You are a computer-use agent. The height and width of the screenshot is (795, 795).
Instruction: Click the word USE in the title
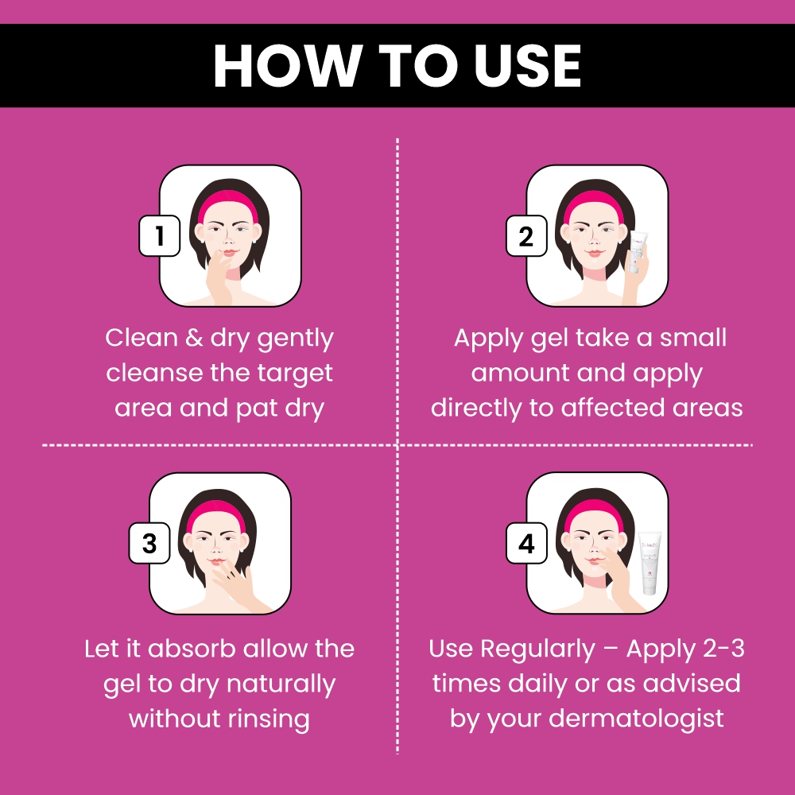pos(527,65)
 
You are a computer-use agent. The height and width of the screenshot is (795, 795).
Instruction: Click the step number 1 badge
pos(160,236)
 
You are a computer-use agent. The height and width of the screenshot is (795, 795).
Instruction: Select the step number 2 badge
pos(526,236)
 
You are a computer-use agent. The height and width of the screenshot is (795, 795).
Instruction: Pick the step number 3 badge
pos(149,543)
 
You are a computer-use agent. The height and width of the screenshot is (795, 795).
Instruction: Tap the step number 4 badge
pos(526,543)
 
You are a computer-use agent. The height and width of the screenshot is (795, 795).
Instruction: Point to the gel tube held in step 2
pos(638,251)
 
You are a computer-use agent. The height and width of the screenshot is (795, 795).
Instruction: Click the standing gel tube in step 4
pos(650,563)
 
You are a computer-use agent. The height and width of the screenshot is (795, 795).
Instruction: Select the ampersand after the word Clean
pos(194,338)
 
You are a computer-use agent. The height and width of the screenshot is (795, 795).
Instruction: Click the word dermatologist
pos(636,719)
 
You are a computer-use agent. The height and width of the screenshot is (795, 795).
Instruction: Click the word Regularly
pos(538,650)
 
